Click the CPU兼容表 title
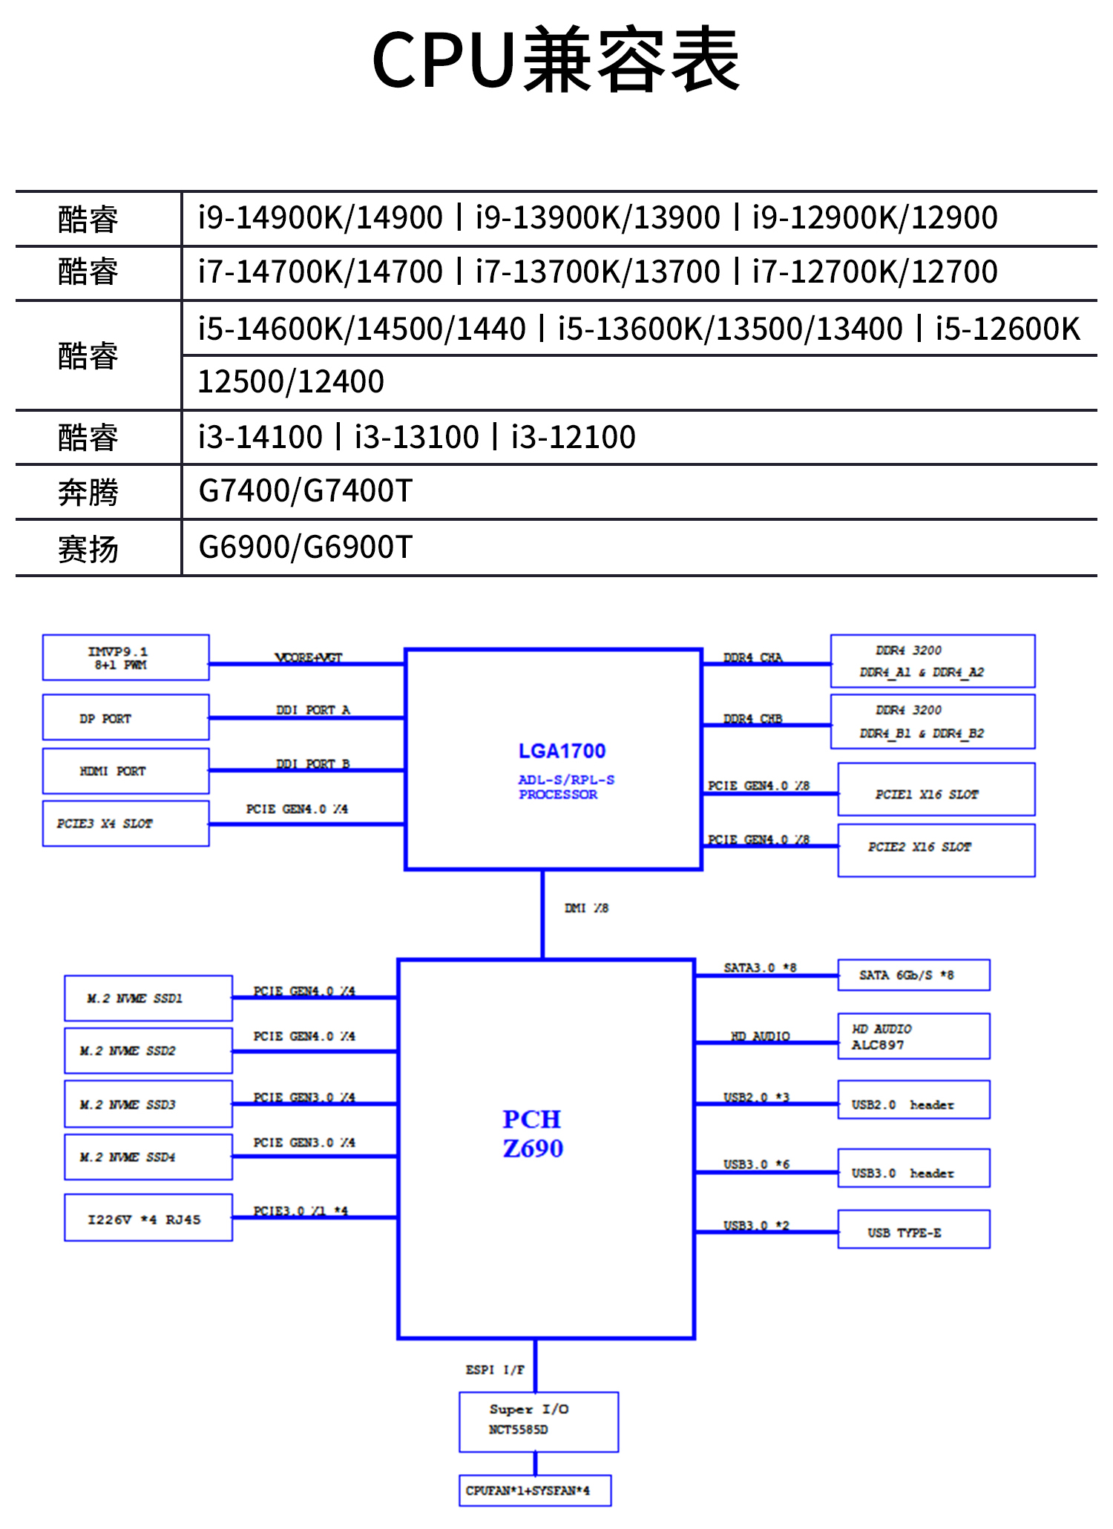(x=556, y=59)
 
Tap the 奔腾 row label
(x=88, y=493)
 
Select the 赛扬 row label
(x=88, y=549)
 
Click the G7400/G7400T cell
(x=305, y=491)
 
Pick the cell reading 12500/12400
(x=291, y=382)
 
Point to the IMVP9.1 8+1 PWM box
(x=125, y=657)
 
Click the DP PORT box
(x=125, y=717)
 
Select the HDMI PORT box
(x=125, y=771)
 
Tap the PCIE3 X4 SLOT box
(x=125, y=823)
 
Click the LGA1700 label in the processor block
(x=562, y=751)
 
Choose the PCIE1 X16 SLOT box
(x=936, y=789)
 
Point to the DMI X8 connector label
(x=586, y=908)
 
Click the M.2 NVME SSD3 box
(x=148, y=1104)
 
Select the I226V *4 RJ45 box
(x=148, y=1217)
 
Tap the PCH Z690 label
(x=533, y=1133)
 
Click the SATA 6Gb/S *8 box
(x=913, y=975)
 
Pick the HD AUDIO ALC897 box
(x=913, y=1036)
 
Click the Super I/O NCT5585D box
(x=538, y=1421)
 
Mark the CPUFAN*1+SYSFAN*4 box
(x=534, y=1490)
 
